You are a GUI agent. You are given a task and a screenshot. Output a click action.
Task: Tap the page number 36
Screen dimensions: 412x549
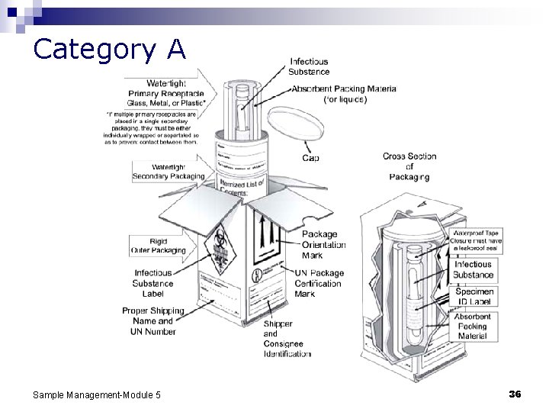click(x=514, y=394)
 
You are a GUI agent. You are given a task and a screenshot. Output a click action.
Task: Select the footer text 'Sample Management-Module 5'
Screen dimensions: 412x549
click(x=96, y=394)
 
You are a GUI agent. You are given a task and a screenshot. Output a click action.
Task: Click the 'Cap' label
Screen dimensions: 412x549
click(x=310, y=158)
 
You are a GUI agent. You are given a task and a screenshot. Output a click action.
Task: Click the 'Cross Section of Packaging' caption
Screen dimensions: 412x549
click(x=409, y=166)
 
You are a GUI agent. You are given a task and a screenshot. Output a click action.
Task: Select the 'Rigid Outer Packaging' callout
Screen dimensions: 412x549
click(x=159, y=246)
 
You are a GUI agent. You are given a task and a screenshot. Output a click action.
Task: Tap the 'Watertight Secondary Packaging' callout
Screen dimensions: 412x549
click(x=168, y=172)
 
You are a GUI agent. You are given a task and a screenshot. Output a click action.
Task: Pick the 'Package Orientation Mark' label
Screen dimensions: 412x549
click(x=323, y=245)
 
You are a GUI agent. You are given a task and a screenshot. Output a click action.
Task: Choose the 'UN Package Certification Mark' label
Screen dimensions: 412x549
click(x=319, y=283)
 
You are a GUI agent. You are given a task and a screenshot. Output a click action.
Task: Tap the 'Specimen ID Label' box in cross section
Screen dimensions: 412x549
click(x=474, y=296)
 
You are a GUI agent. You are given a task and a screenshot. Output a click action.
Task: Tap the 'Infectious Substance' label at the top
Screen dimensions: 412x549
click(x=309, y=66)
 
